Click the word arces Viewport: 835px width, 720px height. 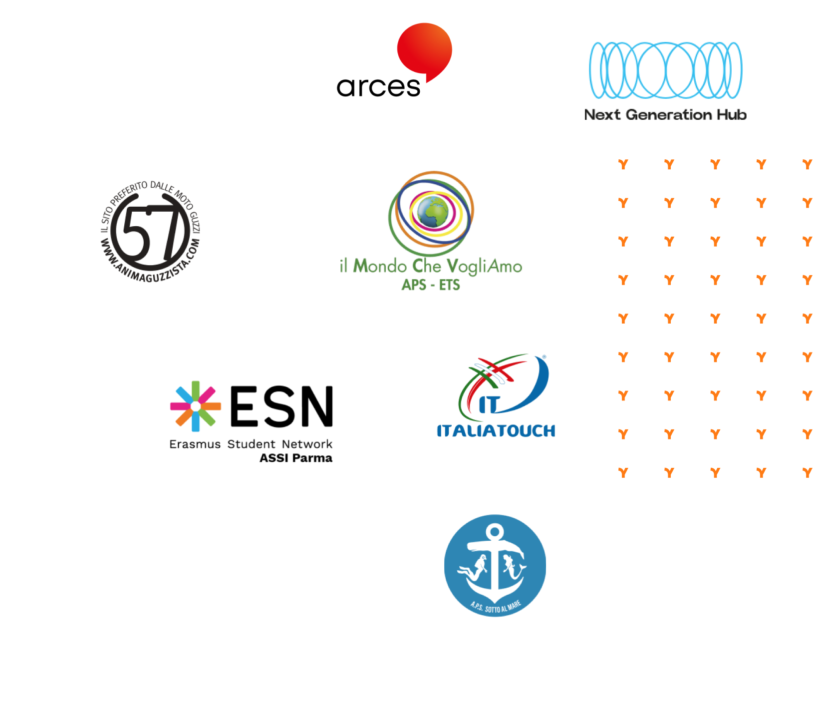click(x=379, y=87)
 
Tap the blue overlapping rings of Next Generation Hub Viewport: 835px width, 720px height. click(x=665, y=70)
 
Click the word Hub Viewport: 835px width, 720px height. click(x=732, y=114)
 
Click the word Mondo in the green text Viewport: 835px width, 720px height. click(x=380, y=266)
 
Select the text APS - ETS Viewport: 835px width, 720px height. click(x=431, y=285)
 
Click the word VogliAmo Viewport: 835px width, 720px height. click(x=484, y=267)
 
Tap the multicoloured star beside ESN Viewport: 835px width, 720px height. click(x=196, y=406)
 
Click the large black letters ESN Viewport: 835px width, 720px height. click(x=281, y=406)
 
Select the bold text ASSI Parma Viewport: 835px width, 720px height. click(x=296, y=458)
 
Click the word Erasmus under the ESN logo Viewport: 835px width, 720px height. click(x=195, y=444)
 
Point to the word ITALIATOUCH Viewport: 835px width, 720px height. click(x=496, y=431)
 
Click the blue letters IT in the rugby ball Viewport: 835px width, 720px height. click(x=489, y=404)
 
